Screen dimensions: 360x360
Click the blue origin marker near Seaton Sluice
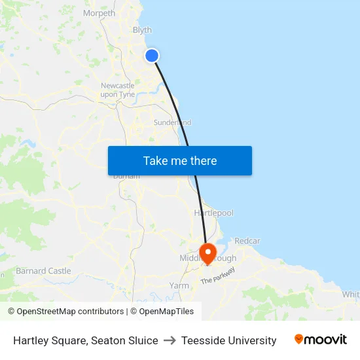click(152, 56)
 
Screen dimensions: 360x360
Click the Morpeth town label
click(99, 13)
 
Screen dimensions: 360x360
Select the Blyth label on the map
click(142, 30)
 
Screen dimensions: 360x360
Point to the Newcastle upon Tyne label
click(118, 90)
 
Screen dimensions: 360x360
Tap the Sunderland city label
click(172, 122)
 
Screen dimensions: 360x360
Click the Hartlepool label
click(213, 213)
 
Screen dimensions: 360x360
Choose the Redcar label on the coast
click(247, 241)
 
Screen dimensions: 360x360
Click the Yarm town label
click(179, 286)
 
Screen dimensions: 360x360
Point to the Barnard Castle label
click(43, 271)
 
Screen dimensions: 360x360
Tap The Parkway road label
click(217, 276)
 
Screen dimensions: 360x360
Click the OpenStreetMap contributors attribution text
click(65, 312)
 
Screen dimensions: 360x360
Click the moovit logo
click(321, 340)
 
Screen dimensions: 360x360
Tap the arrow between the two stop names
click(170, 340)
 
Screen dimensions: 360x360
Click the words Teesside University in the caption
click(228, 340)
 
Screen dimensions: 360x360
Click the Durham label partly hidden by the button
click(126, 176)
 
